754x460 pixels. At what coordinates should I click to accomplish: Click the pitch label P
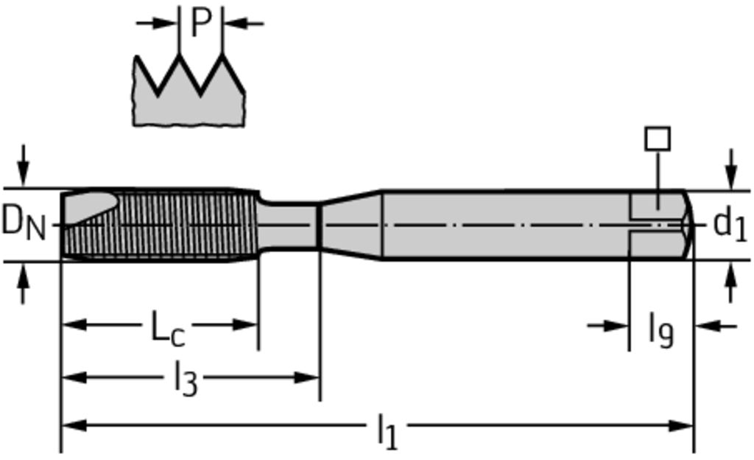click(202, 23)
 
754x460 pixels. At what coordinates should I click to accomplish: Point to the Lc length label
click(168, 328)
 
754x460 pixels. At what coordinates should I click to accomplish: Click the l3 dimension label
click(186, 378)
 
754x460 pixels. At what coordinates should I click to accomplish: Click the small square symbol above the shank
click(658, 139)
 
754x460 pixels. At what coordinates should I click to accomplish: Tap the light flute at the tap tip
click(91, 206)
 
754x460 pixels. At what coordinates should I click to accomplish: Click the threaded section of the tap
click(159, 225)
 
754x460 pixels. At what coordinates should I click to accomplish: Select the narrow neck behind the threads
click(288, 225)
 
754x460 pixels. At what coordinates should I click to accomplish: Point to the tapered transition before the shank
click(350, 225)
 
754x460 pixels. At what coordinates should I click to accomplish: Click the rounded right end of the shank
click(688, 225)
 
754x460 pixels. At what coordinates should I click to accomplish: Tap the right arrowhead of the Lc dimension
click(245, 325)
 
